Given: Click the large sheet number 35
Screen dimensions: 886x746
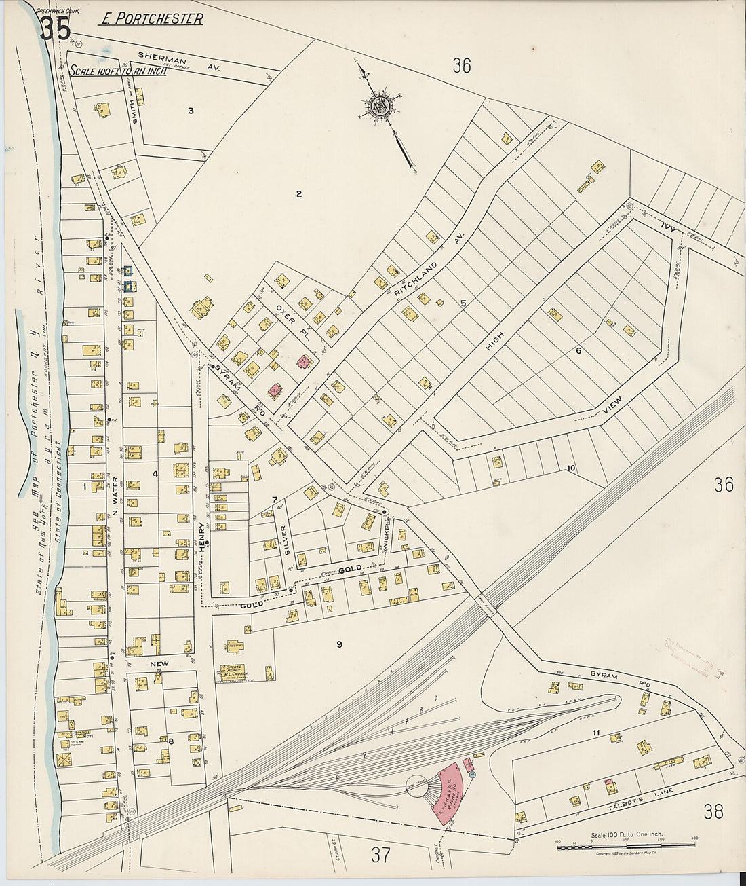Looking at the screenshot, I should pos(54,29).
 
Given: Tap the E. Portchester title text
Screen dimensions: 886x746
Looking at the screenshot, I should pos(151,19).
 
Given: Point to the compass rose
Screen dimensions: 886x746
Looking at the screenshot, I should pos(378,105).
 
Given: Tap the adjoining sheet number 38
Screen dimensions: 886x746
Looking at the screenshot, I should pos(713,811).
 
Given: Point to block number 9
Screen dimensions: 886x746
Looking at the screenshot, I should pos(338,644).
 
